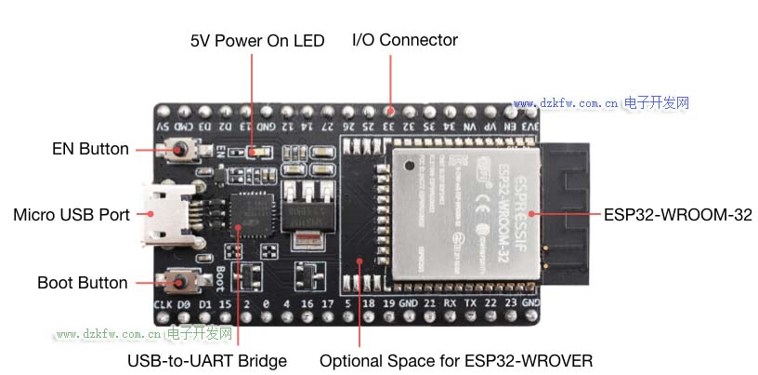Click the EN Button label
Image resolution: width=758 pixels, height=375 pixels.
pyautogui.click(x=91, y=149)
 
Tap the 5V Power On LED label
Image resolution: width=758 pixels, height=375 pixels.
pyautogui.click(x=257, y=41)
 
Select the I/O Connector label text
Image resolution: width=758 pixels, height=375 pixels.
pyautogui.click(x=404, y=40)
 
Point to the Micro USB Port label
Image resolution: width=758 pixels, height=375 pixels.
pyautogui.click(x=72, y=215)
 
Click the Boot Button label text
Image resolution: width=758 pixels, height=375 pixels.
pyautogui.click(x=83, y=283)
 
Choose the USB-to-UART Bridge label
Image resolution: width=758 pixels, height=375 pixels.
pyautogui.click(x=207, y=360)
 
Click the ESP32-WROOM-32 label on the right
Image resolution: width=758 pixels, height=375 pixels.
pyautogui.click(x=677, y=215)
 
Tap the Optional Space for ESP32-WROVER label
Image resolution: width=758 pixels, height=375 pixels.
pyautogui.click(x=455, y=360)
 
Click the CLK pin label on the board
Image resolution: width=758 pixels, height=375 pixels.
pyautogui.click(x=162, y=304)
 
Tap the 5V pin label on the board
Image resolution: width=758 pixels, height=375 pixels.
pyautogui.click(x=163, y=126)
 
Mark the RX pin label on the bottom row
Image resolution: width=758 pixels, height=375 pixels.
pyautogui.click(x=450, y=304)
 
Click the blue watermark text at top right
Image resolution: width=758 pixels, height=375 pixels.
pyautogui.click(x=601, y=103)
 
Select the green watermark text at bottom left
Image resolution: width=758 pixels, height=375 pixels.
pyautogui.click(x=143, y=333)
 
